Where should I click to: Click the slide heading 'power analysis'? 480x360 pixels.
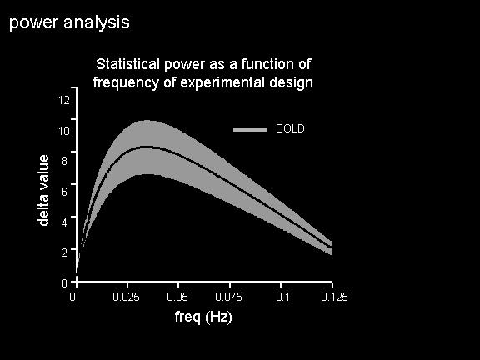[69, 23]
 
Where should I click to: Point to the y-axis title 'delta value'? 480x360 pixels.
[43, 190]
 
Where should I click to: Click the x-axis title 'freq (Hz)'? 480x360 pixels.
[203, 317]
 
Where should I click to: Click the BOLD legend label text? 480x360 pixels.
[290, 128]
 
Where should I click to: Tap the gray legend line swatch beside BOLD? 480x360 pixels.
[250, 130]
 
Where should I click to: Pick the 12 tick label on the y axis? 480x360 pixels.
[64, 100]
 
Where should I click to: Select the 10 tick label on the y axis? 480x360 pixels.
[64, 131]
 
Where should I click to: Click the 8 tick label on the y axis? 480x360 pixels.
[64, 160]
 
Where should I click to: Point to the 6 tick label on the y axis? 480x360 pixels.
[64, 192]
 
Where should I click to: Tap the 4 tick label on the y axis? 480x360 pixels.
[64, 222]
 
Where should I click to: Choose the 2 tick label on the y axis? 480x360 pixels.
[64, 252]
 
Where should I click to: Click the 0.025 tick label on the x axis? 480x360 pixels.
[126, 297]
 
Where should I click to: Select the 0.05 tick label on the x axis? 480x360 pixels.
[177, 297]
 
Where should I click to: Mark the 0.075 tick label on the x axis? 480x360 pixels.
[228, 297]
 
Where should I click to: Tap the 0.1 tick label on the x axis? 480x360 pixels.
[282, 297]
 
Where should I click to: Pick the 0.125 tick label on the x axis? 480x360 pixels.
[335, 297]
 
